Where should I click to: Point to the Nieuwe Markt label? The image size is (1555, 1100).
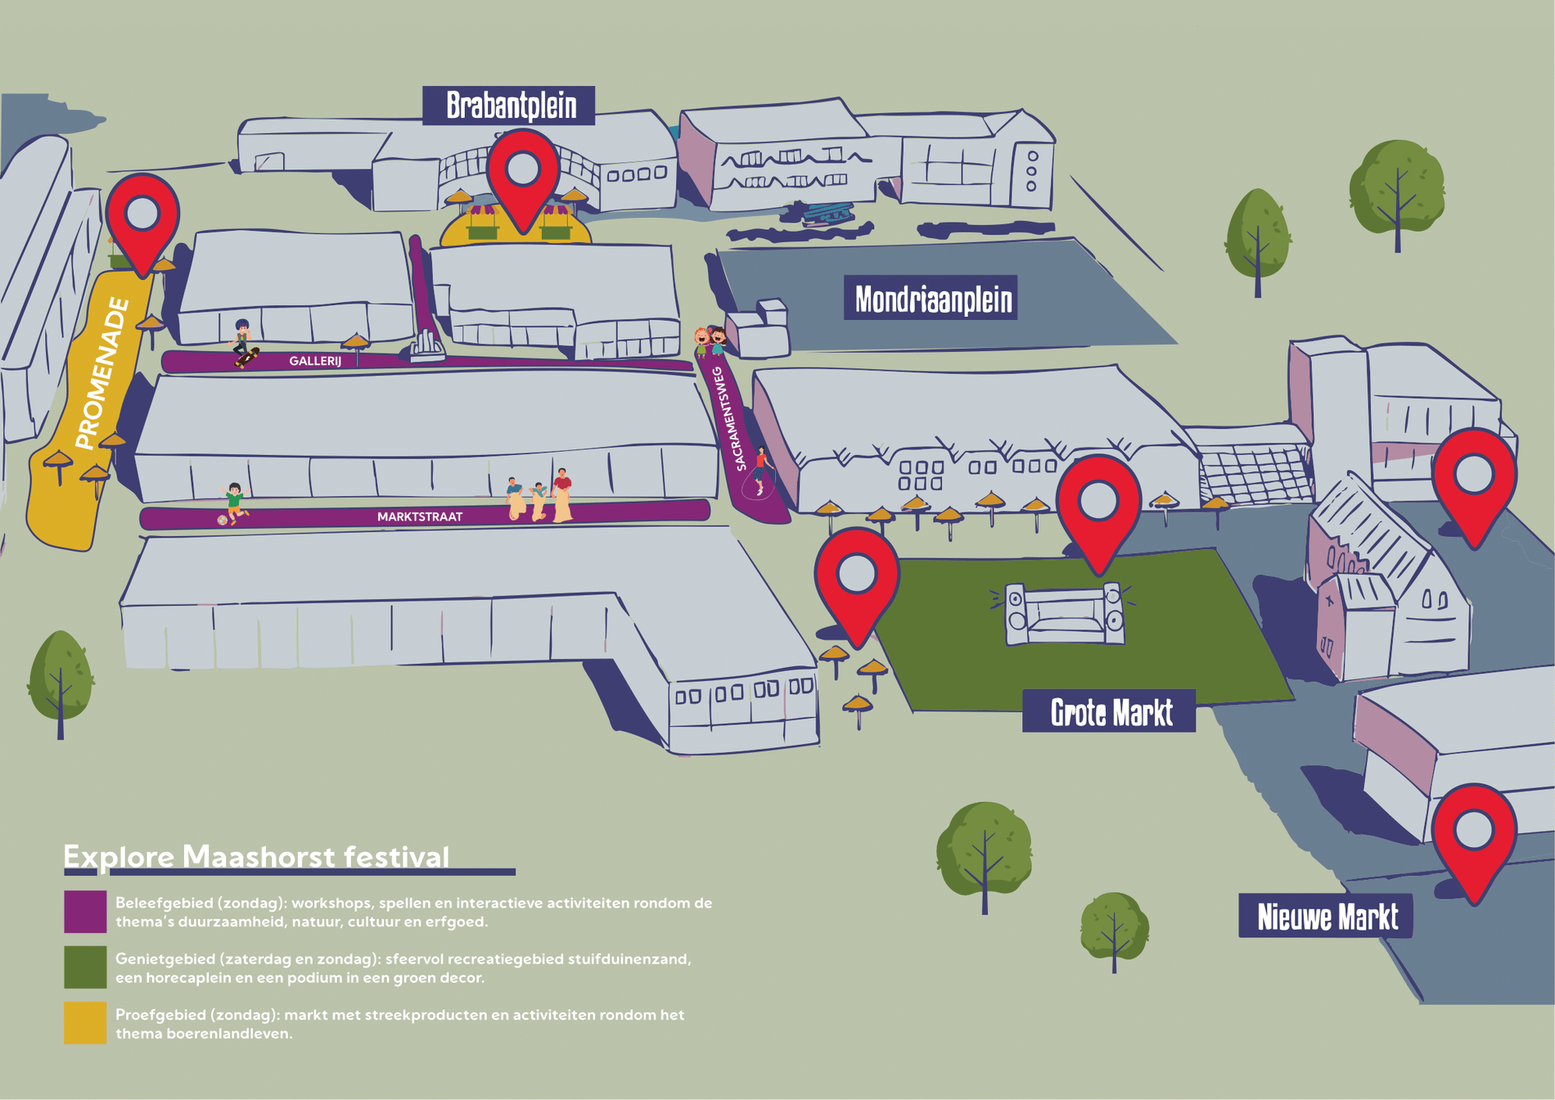point(1326,916)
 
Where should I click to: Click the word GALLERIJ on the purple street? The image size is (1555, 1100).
point(315,361)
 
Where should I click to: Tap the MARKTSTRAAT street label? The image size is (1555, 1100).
point(420,517)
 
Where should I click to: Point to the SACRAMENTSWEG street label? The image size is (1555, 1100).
point(730,418)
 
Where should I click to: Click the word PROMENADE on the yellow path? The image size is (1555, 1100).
point(102,374)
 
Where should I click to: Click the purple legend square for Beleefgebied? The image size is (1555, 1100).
point(85,912)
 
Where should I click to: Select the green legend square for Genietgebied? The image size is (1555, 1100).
point(85,967)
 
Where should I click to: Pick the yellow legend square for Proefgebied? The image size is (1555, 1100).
point(85,1023)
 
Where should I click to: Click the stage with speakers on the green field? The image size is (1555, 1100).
point(1064,614)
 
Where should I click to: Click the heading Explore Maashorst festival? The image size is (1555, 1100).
point(256,856)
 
